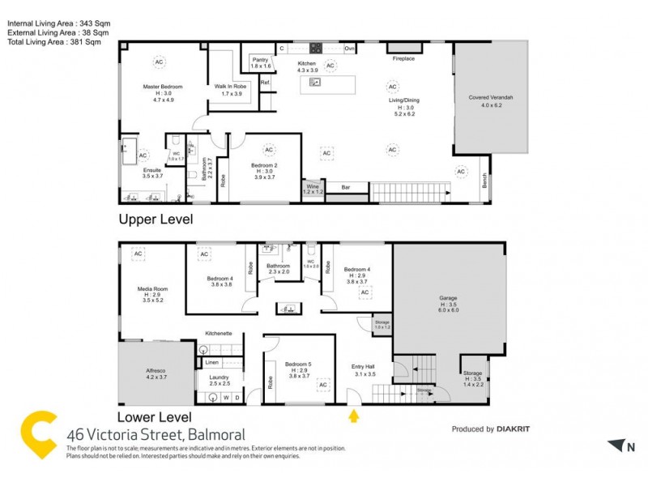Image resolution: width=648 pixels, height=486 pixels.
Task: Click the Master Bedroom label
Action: pyautogui.click(x=163, y=87)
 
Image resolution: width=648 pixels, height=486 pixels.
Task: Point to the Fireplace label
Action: pyautogui.click(x=403, y=59)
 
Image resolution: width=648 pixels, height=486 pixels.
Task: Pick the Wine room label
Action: pyautogui.click(x=313, y=187)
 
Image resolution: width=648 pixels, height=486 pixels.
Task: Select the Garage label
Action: pyautogui.click(x=449, y=297)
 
